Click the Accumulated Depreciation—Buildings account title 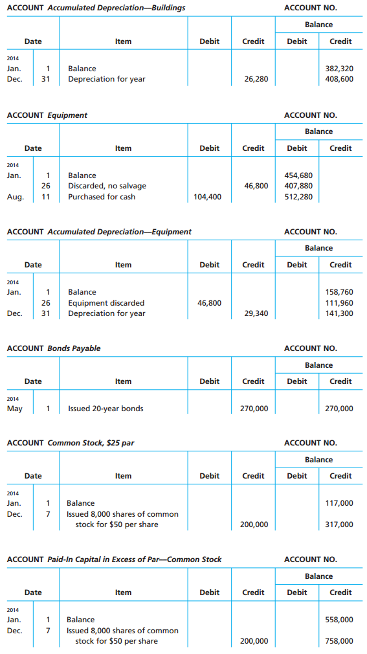[x=96, y=8]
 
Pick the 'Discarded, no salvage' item [x=107, y=186]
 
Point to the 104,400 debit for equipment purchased [x=207, y=197]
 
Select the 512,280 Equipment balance [x=298, y=197]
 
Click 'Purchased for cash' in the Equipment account [x=102, y=197]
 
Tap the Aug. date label [x=14, y=197]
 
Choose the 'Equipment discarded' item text [x=106, y=303]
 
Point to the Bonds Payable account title [x=54, y=348]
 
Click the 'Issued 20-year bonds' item [x=106, y=409]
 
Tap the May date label [x=14, y=409]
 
